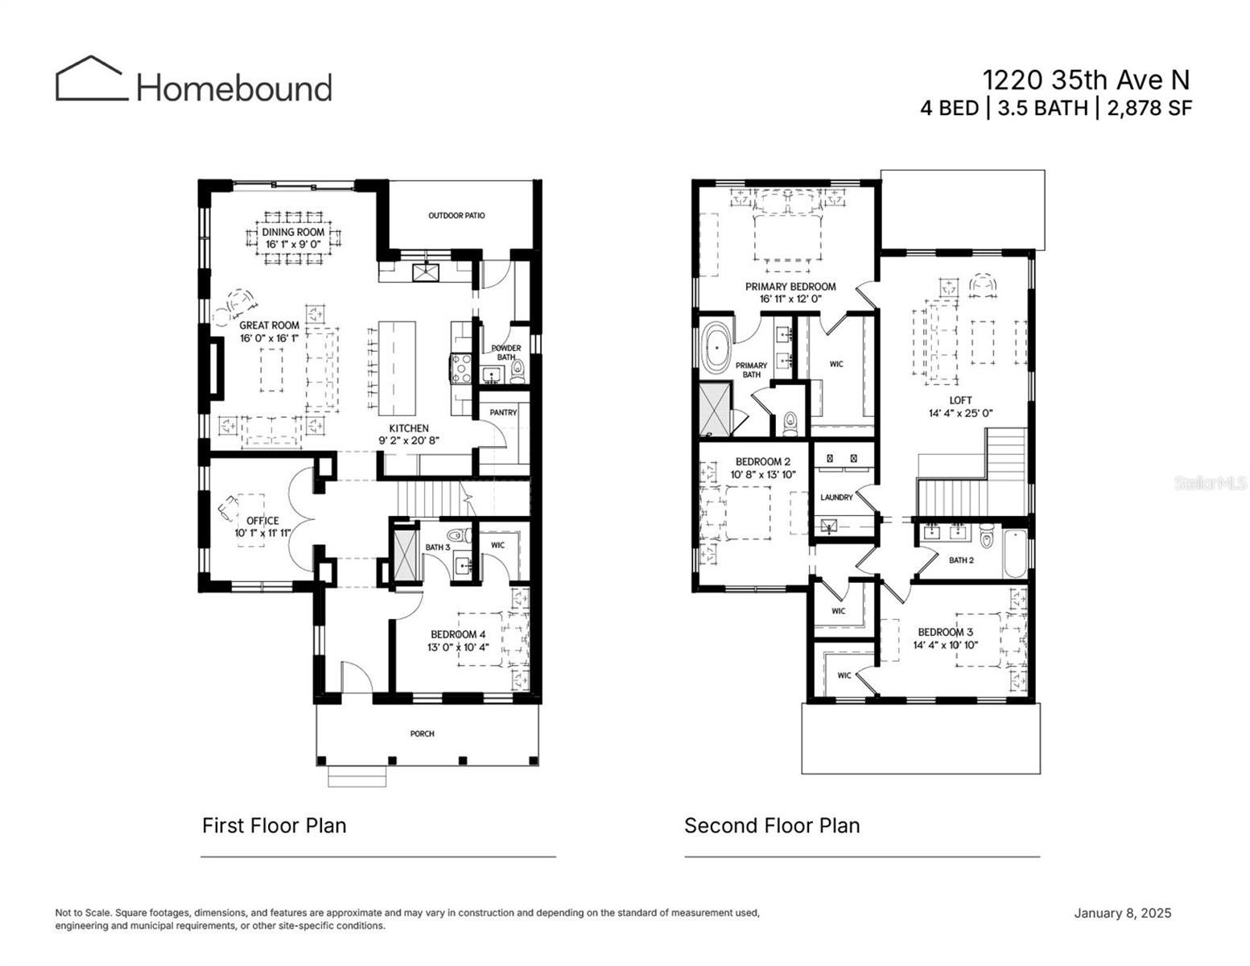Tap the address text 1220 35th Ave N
pyautogui.click(x=1086, y=80)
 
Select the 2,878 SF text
pyautogui.click(x=1149, y=108)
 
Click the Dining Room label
pyautogui.click(x=293, y=232)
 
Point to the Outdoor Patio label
pyautogui.click(x=456, y=215)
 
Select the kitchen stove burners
pyautogui.click(x=460, y=368)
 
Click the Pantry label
pyautogui.click(x=503, y=412)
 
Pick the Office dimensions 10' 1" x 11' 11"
pyautogui.click(x=262, y=533)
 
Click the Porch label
pyautogui.click(x=422, y=733)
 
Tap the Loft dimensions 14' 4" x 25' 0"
pyautogui.click(x=960, y=412)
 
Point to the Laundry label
pyautogui.click(x=835, y=497)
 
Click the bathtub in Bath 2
pyautogui.click(x=1015, y=554)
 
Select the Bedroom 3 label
pyautogui.click(x=945, y=632)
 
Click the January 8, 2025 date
pyautogui.click(x=1122, y=913)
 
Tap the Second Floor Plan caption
pyautogui.click(x=772, y=826)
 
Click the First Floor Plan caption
pyautogui.click(x=274, y=826)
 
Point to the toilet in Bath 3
pyautogui.click(x=458, y=535)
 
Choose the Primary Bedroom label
pyautogui.click(x=790, y=287)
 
